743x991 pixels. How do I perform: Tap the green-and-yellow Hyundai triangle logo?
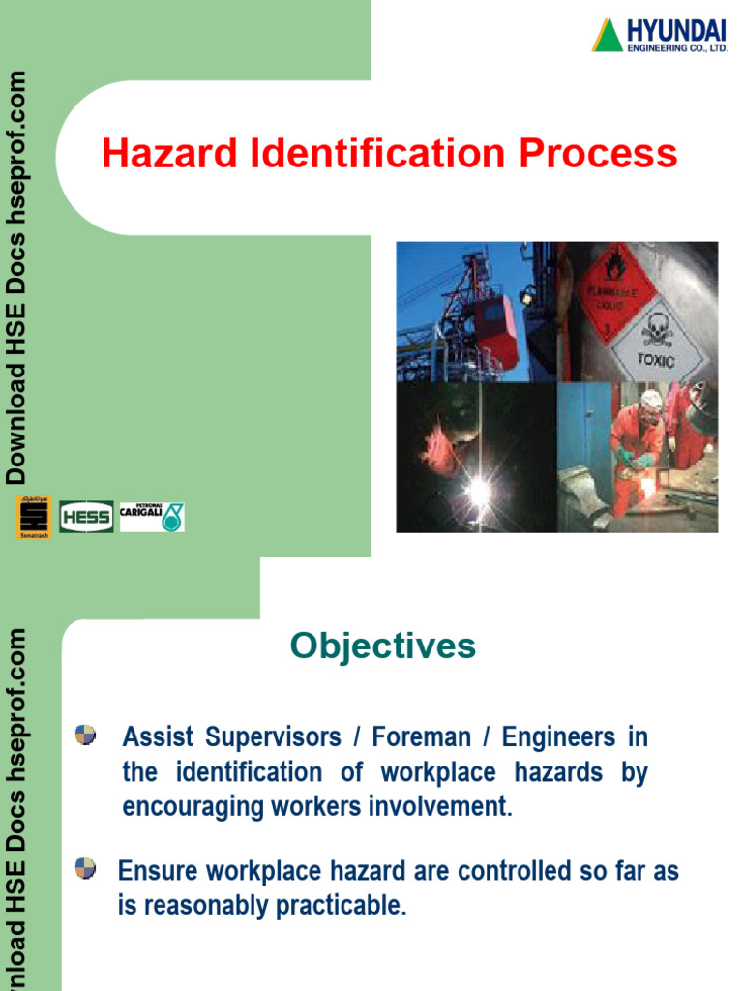pyautogui.click(x=608, y=35)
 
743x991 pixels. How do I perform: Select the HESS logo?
pyautogui.click(x=86, y=517)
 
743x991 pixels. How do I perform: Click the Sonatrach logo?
pyautogui.click(x=32, y=516)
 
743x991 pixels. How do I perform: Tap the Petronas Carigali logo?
pyautogui.click(x=151, y=517)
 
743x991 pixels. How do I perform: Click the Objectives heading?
pyautogui.click(x=383, y=646)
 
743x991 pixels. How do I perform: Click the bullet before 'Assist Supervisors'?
pyautogui.click(x=86, y=735)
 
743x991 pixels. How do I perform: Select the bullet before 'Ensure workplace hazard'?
pyautogui.click(x=86, y=868)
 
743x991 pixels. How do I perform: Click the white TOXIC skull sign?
pyautogui.click(x=657, y=340)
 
